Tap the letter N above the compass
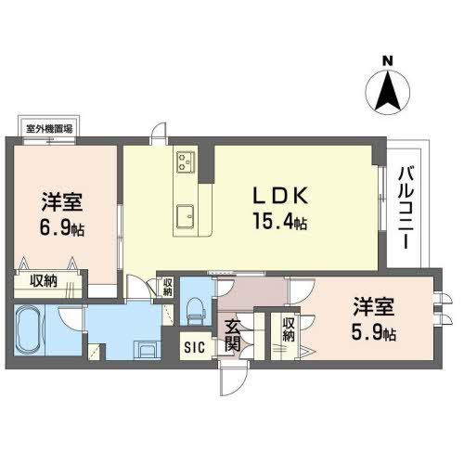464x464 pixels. pos(389,62)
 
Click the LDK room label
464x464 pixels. pos(281,196)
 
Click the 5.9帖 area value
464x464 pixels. pos(375,332)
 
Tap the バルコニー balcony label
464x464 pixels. pos(406,205)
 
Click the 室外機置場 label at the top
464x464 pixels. pos(48,130)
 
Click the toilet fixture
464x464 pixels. pos(195,307)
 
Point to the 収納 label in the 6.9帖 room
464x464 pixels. pos(41,281)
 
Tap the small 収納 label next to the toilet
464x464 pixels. pos(167,288)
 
